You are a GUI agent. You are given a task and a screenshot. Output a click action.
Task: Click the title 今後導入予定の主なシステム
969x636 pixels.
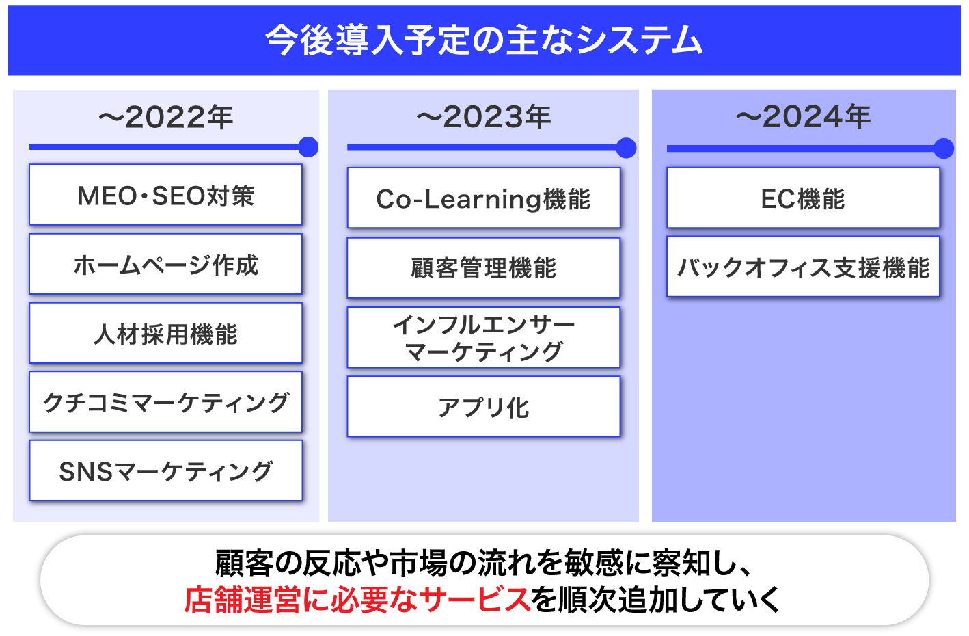[x=484, y=40]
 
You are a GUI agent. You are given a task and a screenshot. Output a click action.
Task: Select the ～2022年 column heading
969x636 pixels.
[x=166, y=118]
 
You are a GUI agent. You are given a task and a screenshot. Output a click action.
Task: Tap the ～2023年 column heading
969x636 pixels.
[x=484, y=117]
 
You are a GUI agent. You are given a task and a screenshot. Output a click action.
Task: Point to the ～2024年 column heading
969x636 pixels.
[x=804, y=117]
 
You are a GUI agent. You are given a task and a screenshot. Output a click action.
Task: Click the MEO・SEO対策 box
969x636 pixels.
[x=165, y=194]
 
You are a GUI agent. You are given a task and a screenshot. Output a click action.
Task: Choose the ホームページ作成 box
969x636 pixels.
[x=165, y=264]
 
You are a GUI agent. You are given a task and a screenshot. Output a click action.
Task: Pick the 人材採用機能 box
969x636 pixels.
[x=165, y=333]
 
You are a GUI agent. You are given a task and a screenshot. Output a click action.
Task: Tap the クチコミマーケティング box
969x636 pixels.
[x=165, y=402]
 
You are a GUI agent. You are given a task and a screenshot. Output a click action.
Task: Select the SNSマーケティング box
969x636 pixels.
[x=165, y=471]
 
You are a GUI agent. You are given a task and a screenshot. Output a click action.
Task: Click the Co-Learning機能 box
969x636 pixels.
[x=484, y=198]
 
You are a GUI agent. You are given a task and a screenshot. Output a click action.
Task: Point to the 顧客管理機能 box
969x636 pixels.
[x=484, y=268]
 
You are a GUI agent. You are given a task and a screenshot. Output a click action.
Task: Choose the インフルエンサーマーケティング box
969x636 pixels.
[x=484, y=337]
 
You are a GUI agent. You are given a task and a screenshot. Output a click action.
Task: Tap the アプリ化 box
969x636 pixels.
[x=484, y=406]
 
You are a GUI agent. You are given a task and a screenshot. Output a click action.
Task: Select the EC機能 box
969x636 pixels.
[x=804, y=198]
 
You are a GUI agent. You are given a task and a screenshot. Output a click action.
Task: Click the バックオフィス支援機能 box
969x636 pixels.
[x=804, y=266]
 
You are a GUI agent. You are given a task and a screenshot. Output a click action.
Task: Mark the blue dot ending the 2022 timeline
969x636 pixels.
[x=308, y=147]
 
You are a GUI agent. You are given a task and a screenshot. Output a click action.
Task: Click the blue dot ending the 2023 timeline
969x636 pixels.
[x=627, y=148]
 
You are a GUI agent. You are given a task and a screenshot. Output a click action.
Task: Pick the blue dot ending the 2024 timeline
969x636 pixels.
[x=944, y=148]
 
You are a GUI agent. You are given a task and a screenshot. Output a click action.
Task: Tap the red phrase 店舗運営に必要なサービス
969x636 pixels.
[x=357, y=600]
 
